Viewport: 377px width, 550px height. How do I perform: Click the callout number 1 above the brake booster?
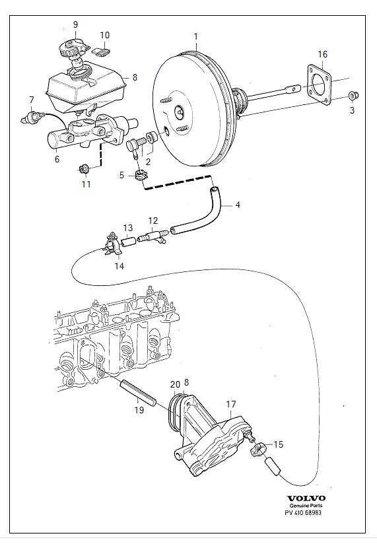click(x=195, y=36)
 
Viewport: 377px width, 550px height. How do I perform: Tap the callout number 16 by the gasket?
click(x=323, y=54)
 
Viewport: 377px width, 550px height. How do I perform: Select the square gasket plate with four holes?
click(x=319, y=85)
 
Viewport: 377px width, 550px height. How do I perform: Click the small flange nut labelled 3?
click(x=353, y=94)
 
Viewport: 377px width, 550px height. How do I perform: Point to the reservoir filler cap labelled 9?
click(x=73, y=49)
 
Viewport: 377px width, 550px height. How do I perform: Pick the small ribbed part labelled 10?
click(x=101, y=52)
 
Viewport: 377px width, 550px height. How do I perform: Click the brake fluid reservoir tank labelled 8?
click(x=85, y=85)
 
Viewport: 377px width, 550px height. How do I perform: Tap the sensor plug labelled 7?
click(x=32, y=116)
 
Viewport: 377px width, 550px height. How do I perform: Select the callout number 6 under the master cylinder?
click(x=57, y=159)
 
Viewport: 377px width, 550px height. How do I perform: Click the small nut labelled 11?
click(x=84, y=170)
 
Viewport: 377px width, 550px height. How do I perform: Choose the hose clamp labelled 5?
click(x=141, y=175)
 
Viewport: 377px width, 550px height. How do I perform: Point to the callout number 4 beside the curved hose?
click(x=238, y=205)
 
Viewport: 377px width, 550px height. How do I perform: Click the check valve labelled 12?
click(x=153, y=236)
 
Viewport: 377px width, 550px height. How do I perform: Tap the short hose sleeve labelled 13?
click(x=128, y=242)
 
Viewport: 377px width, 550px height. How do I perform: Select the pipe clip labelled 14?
click(x=113, y=244)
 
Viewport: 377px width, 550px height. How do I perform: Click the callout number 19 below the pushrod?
click(x=139, y=409)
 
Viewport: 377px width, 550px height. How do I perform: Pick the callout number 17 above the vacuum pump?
click(x=231, y=405)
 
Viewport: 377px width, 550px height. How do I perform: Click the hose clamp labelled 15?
click(x=257, y=448)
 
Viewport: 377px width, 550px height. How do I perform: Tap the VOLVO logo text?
click(x=306, y=498)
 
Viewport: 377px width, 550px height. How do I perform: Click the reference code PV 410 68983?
click(x=302, y=513)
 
